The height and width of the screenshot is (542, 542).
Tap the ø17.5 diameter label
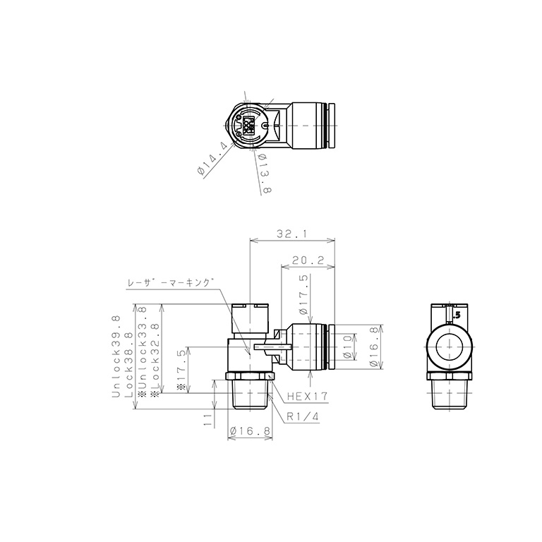click(x=303, y=294)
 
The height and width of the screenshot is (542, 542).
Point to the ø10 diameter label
click(x=347, y=347)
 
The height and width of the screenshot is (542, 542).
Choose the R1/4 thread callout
click(x=303, y=416)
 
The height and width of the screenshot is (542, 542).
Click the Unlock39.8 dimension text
click(x=116, y=357)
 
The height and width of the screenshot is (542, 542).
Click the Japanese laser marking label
click(x=170, y=282)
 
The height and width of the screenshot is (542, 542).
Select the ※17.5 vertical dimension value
click(x=181, y=370)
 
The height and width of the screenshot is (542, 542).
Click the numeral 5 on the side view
click(x=457, y=315)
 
